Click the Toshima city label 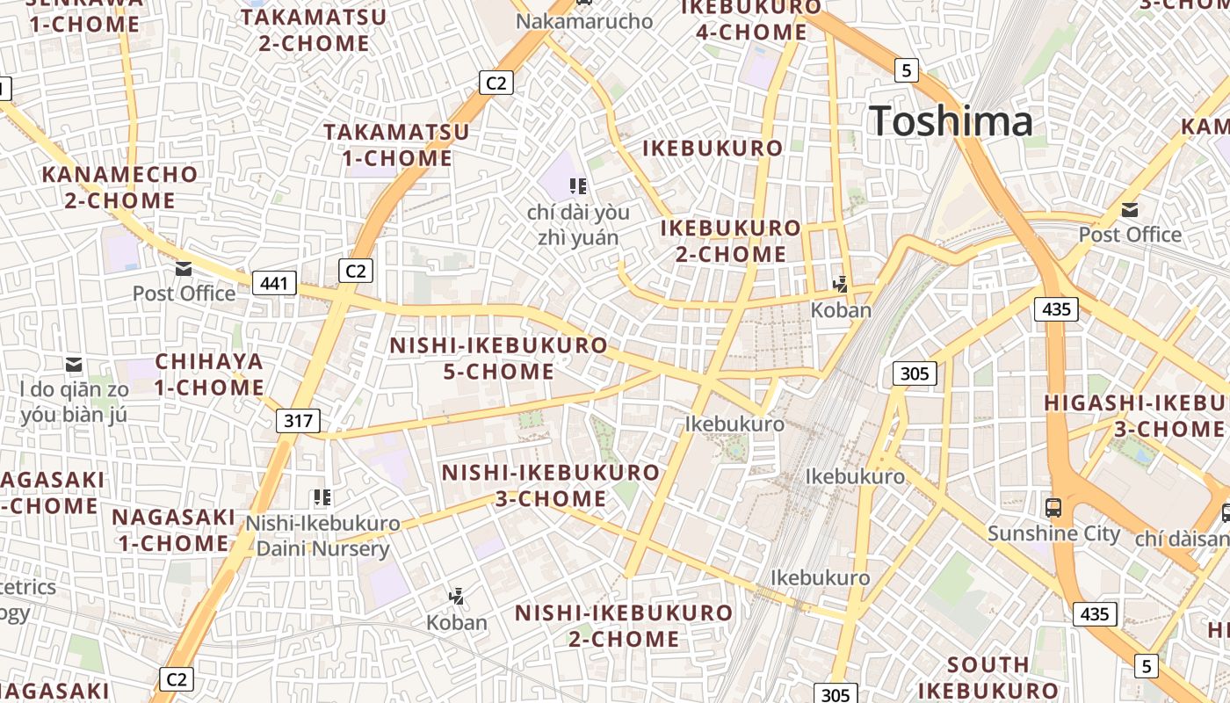[x=951, y=120]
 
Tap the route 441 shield [x=274, y=283]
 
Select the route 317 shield [x=299, y=420]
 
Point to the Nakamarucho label [x=584, y=20]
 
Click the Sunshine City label [x=1053, y=533]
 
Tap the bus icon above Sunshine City [x=1053, y=507]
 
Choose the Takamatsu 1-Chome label [x=396, y=145]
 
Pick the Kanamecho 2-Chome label [x=120, y=187]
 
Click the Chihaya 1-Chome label [x=210, y=374]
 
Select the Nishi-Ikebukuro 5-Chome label [x=498, y=359]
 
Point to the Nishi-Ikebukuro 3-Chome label [x=550, y=485]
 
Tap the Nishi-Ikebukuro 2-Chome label [x=623, y=625]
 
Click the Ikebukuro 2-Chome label [x=730, y=241]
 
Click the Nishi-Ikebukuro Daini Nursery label [x=322, y=536]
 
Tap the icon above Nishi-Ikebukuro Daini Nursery [x=322, y=498]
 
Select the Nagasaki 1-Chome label [x=174, y=529]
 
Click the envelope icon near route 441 [x=184, y=268]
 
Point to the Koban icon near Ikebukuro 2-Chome [x=841, y=284]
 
